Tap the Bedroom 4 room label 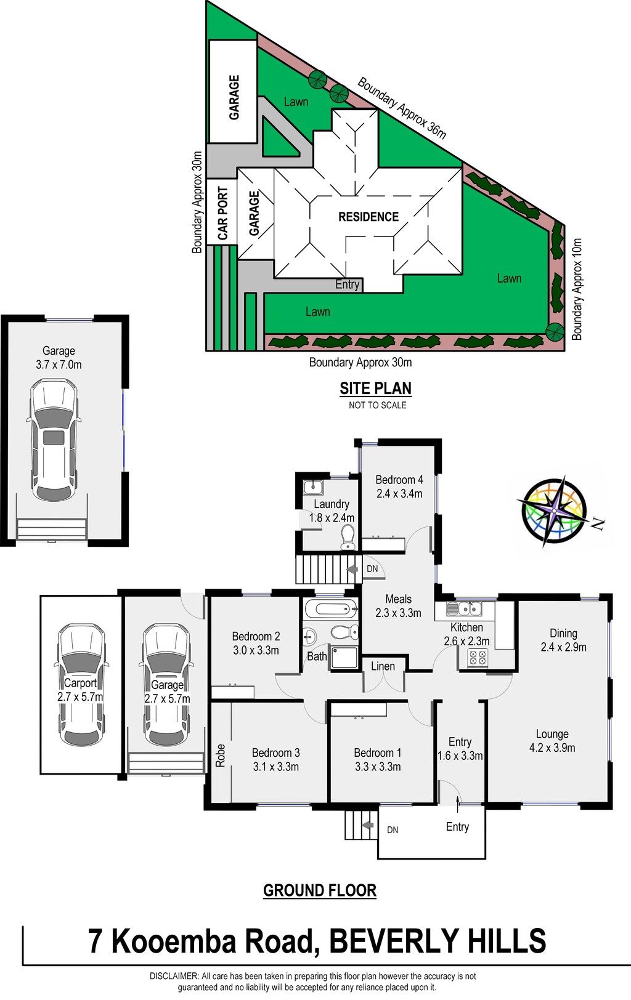point(399,480)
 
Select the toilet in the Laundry point(347,538)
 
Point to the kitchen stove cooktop point(477,658)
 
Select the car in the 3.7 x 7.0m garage point(54,440)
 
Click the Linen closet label point(383,666)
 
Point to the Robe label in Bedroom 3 point(221,756)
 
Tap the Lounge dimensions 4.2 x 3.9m point(552,748)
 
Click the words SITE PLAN point(375,389)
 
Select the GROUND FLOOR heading point(320,890)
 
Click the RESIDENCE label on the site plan point(368,217)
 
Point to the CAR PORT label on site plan point(223,213)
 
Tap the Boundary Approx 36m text point(402,108)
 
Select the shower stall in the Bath point(344,656)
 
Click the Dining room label point(563,634)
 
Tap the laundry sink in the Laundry point(313,487)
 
